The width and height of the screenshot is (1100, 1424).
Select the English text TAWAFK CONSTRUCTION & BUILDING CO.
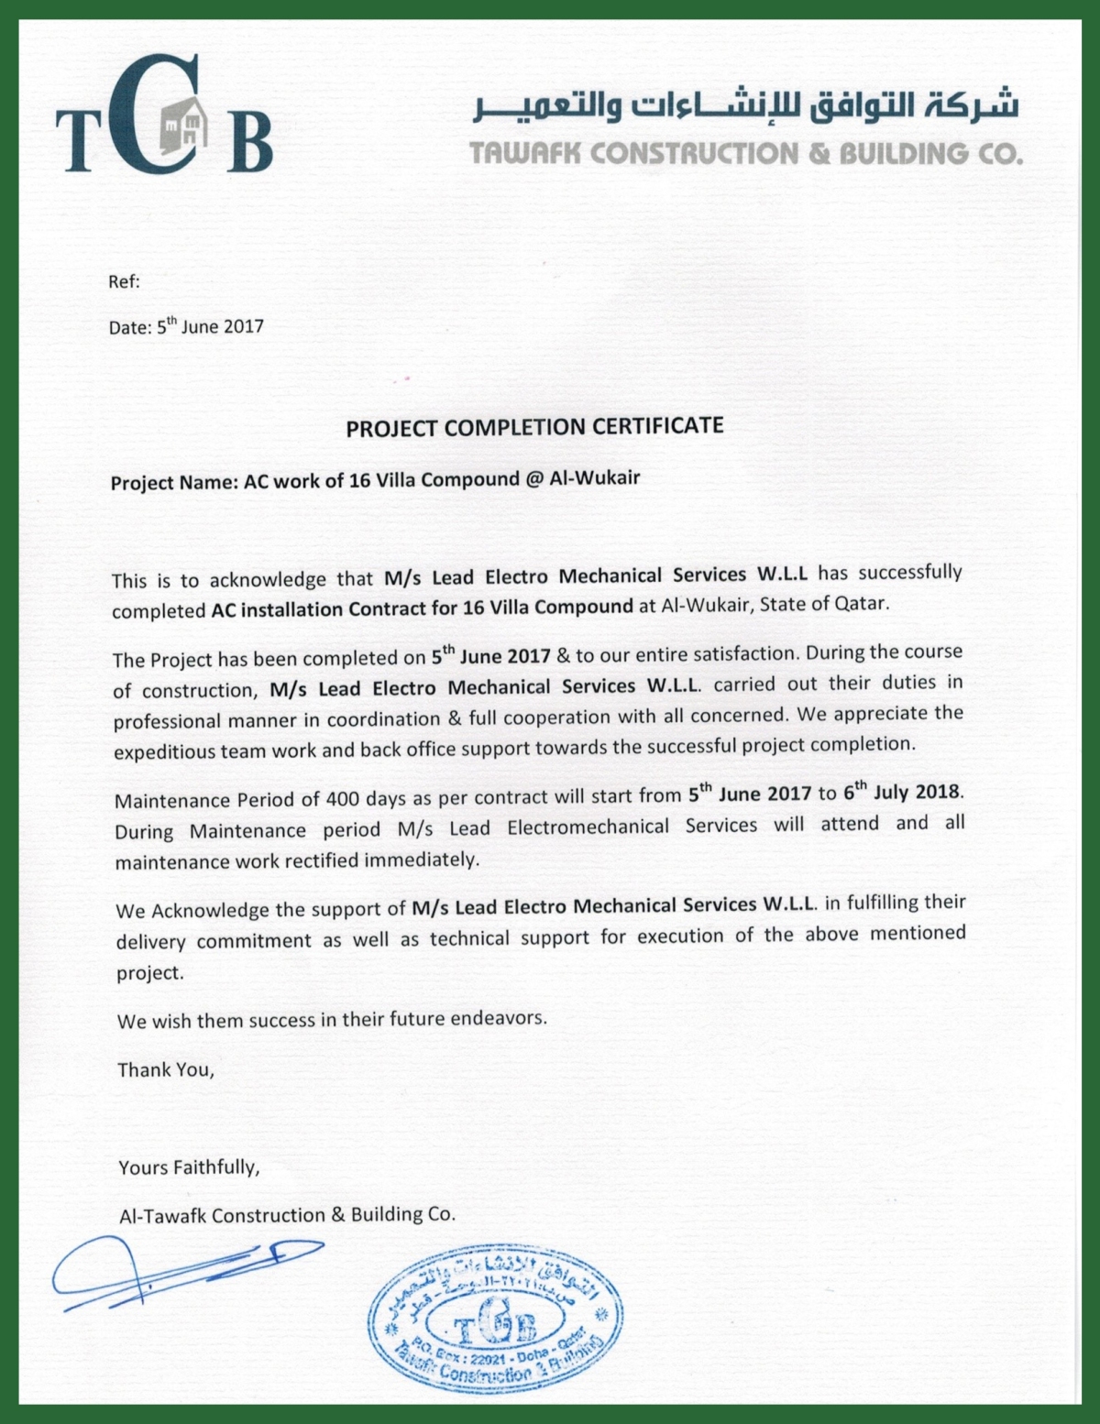pyautogui.click(x=746, y=153)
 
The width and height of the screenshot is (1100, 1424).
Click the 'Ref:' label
pyautogui.click(x=124, y=282)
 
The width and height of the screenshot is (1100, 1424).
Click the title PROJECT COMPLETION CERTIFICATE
pyautogui.click(x=534, y=427)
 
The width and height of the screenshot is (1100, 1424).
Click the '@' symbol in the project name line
pyautogui.click(x=534, y=479)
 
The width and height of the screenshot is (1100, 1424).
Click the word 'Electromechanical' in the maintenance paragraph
pyautogui.click(x=588, y=827)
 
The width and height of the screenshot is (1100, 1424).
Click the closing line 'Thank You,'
pyautogui.click(x=165, y=1069)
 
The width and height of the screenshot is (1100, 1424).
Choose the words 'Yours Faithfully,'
pyautogui.click(x=189, y=1167)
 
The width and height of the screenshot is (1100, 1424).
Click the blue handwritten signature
pyautogui.click(x=183, y=1271)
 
